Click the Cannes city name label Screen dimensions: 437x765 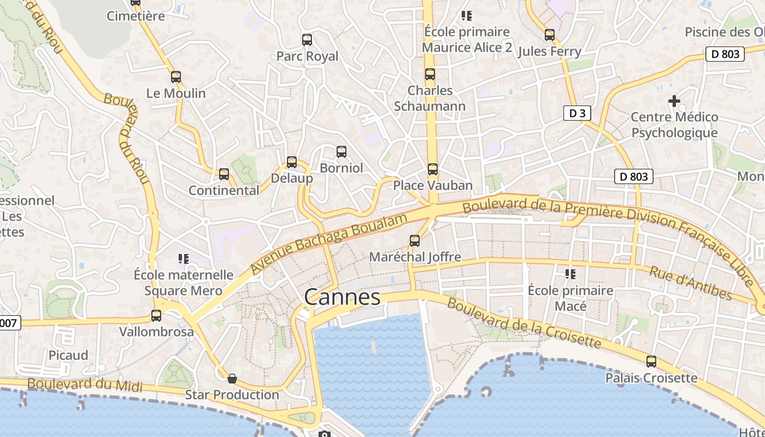pos(342,297)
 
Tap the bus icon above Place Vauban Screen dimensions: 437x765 pos(433,169)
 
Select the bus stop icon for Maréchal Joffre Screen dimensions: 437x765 pos(415,240)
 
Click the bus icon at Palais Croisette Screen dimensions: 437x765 pos(651,361)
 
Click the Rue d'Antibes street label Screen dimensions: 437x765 pos(690,282)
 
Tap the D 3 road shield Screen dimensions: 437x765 pos(577,113)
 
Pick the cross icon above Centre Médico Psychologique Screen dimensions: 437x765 pos(674,101)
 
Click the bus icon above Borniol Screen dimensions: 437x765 pos(342,152)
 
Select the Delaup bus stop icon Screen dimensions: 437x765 pos(292,162)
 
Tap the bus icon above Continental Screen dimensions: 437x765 pos(224,174)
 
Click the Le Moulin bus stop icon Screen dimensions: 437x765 pos(176,77)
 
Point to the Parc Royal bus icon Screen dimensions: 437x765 pos(307,40)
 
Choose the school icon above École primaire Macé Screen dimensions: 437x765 pos(570,274)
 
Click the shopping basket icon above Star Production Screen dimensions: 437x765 pos(232,378)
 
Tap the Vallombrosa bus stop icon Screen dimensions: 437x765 pos(156,316)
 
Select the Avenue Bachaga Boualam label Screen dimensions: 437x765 pos(329,244)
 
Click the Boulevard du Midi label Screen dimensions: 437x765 pos(85,385)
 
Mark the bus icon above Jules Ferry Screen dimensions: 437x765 pos(550,35)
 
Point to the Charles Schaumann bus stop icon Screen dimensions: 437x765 pos(430,74)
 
